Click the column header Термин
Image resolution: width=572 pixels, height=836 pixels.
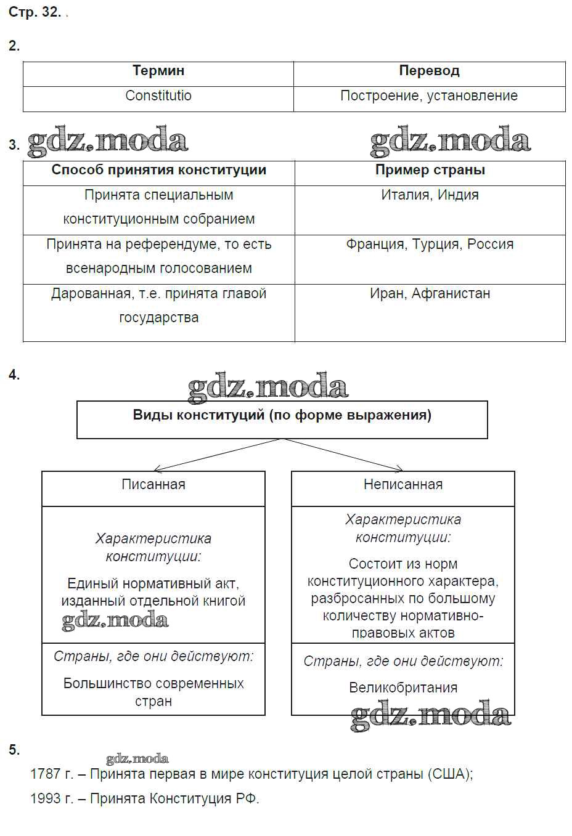click(x=158, y=71)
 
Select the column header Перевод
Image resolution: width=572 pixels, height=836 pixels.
click(x=429, y=71)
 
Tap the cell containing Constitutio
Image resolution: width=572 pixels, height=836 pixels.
click(x=158, y=96)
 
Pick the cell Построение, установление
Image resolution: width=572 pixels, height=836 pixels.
click(x=429, y=96)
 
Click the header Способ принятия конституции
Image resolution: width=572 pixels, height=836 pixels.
click(x=158, y=170)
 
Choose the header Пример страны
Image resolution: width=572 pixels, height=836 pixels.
click(x=430, y=170)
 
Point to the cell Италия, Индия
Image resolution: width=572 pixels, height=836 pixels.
click(x=430, y=195)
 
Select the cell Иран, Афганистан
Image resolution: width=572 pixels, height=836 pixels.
click(x=430, y=294)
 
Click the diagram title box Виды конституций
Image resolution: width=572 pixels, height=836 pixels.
click(x=282, y=416)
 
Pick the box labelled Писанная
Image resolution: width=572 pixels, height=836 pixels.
click(x=153, y=485)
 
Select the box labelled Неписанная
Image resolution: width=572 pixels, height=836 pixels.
click(x=402, y=485)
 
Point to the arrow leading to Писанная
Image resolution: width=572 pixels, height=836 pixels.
click(x=216, y=455)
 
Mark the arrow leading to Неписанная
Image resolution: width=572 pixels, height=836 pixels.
click(x=343, y=455)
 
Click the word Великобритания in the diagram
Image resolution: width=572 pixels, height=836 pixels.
click(x=402, y=688)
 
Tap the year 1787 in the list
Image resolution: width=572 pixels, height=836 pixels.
click(x=45, y=774)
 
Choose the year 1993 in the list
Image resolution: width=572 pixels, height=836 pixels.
click(x=45, y=799)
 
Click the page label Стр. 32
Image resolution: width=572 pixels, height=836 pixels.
click(x=34, y=12)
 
